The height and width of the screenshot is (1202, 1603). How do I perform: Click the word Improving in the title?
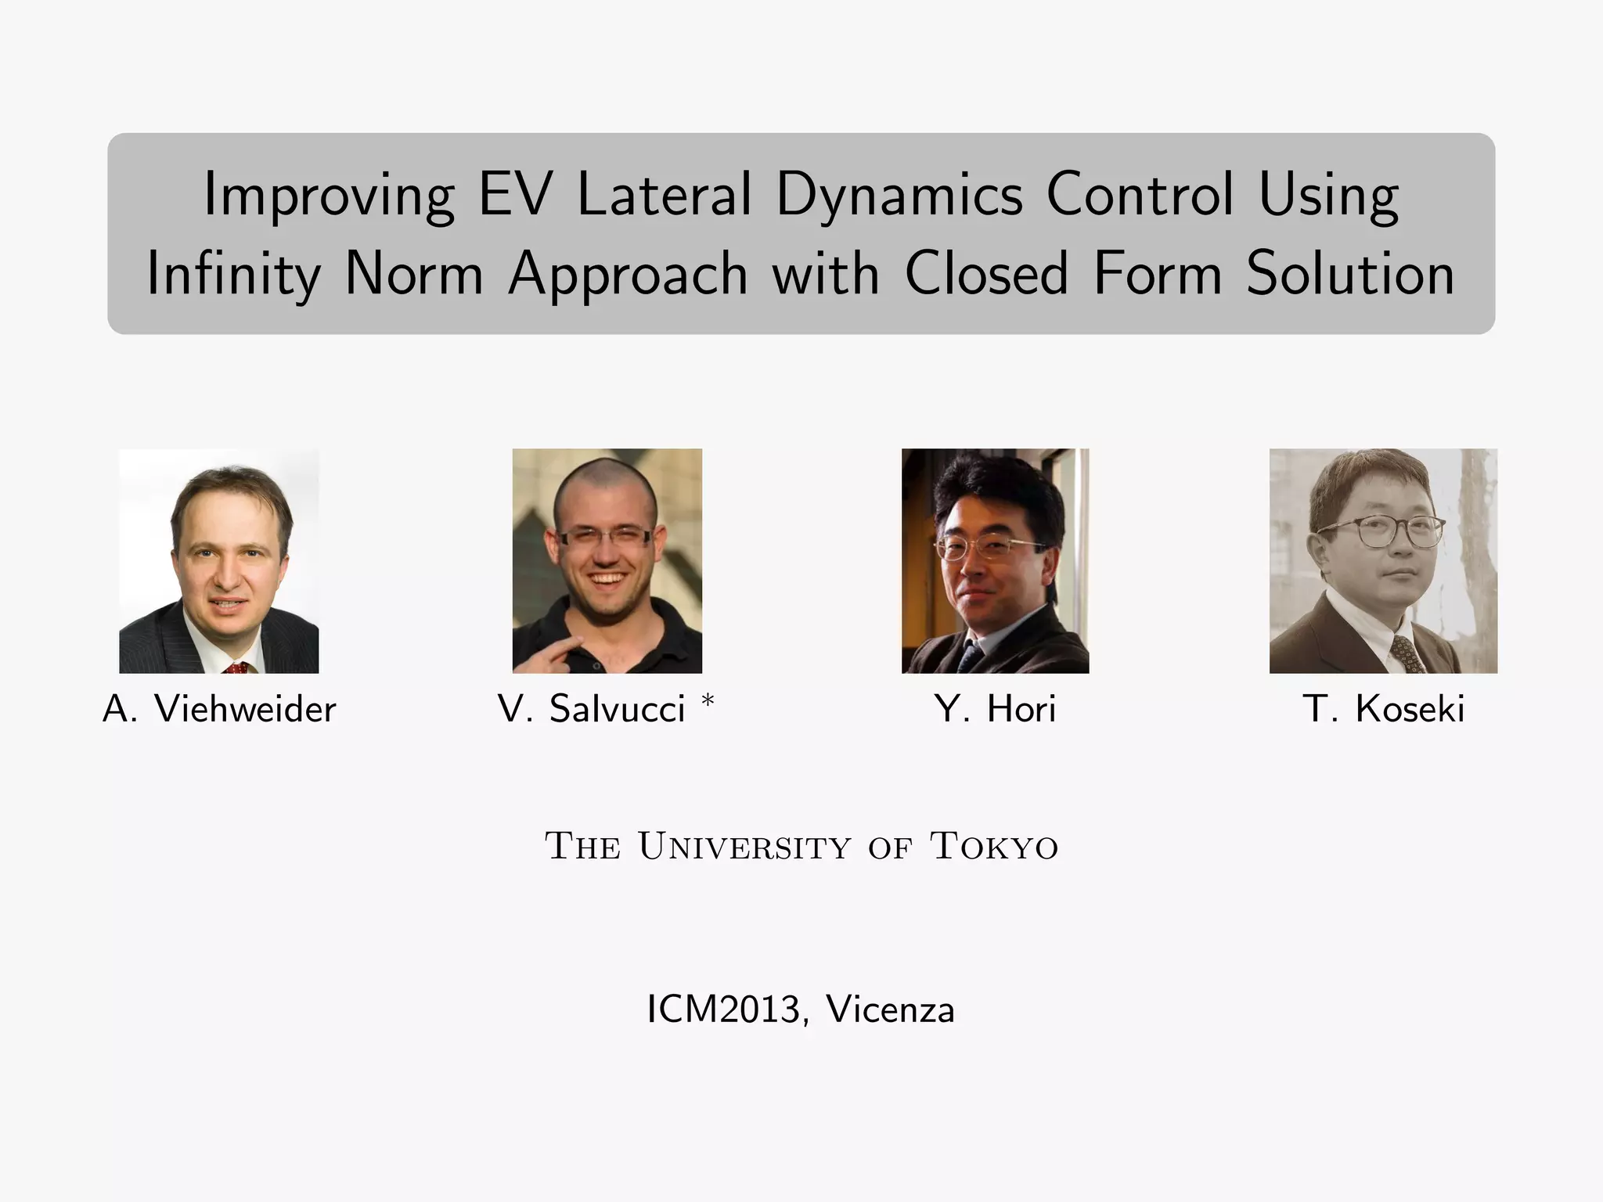[329, 196]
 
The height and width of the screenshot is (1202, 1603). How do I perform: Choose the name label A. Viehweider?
[219, 709]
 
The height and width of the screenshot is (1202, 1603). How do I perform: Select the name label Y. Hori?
[995, 709]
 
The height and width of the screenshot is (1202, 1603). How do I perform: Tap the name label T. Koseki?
[1383, 709]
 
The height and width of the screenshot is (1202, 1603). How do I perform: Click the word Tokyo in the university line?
[993, 847]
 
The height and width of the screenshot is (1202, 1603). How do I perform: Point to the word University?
[744, 847]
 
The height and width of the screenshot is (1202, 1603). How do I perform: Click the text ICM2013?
[723, 1009]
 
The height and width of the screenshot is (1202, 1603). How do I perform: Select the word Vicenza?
[891, 1009]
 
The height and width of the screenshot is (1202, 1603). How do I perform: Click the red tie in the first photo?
[237, 668]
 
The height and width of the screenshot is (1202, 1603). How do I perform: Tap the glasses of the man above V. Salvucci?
[604, 537]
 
